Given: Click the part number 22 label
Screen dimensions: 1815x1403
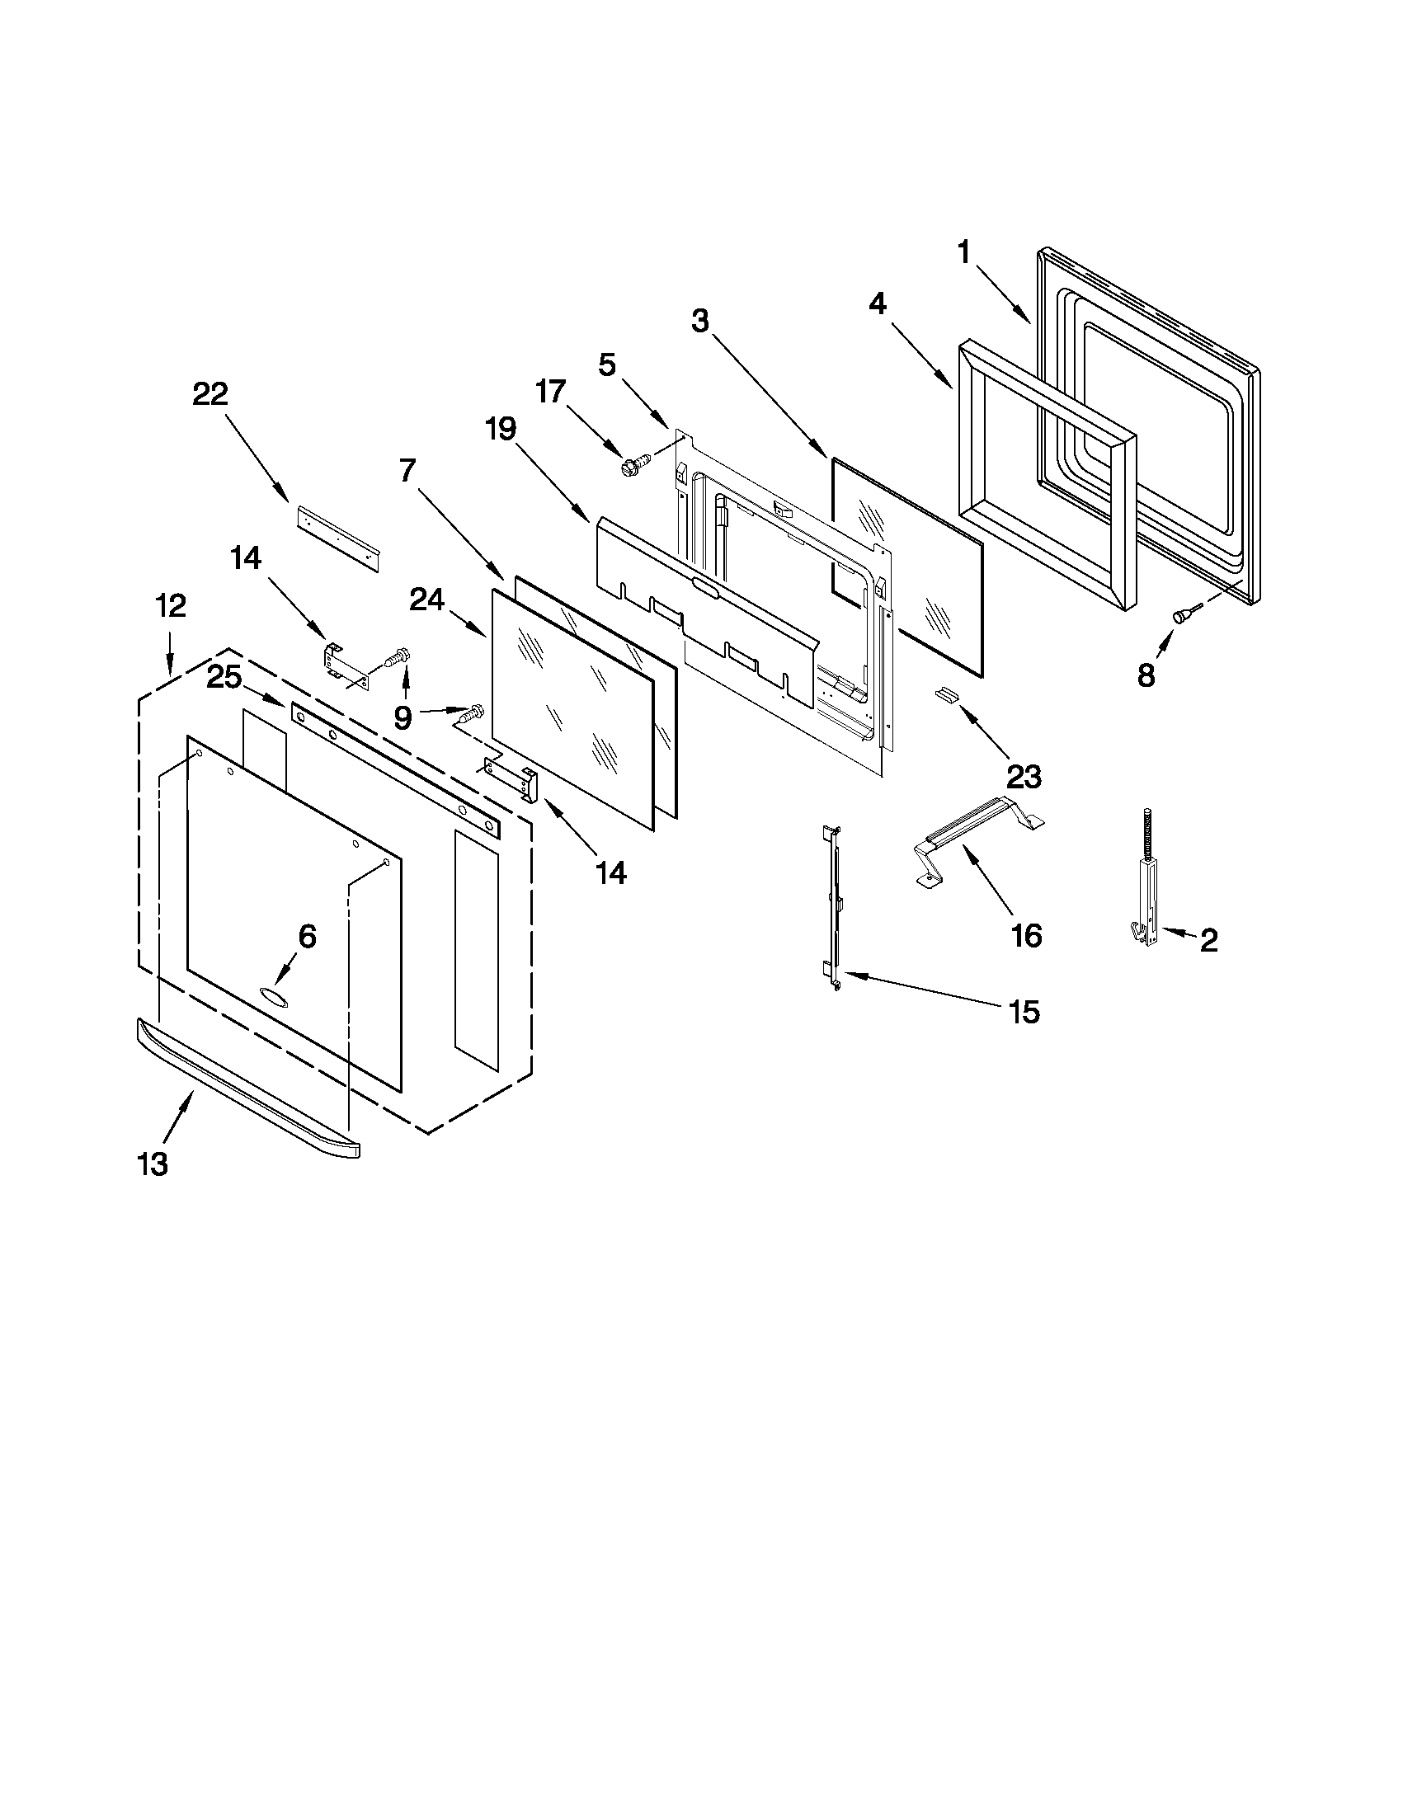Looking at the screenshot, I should point(210,393).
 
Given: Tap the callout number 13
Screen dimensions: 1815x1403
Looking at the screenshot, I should point(153,1164).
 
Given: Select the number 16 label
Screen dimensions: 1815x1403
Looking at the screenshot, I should point(1027,936).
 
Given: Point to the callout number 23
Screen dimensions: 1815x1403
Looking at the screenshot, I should point(1023,777).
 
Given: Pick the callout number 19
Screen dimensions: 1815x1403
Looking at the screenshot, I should point(501,429).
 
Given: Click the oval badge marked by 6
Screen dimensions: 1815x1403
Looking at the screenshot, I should point(274,994).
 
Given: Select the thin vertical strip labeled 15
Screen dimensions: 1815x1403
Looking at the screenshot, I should point(834,905).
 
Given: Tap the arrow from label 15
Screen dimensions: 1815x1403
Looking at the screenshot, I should point(923,990).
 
